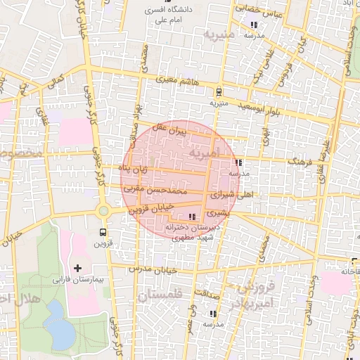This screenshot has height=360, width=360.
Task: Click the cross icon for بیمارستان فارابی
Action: pos(77,268)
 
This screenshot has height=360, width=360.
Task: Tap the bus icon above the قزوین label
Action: pos(103,231)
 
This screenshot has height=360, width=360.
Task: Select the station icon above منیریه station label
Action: pos(219,91)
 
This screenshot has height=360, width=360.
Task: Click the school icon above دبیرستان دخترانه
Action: pos(193,217)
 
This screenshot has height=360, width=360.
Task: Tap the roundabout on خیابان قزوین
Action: pos(103,210)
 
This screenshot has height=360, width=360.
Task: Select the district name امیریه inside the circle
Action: pos(205,153)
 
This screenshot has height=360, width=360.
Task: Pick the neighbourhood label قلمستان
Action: pos(160,295)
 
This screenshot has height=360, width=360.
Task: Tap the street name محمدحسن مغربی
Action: pos(153,190)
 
